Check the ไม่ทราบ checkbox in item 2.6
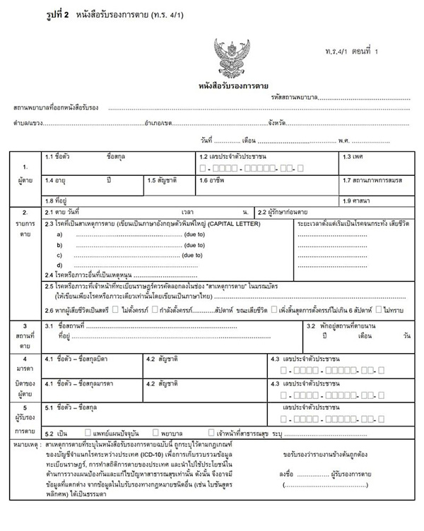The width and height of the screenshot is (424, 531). coord(379,310)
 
